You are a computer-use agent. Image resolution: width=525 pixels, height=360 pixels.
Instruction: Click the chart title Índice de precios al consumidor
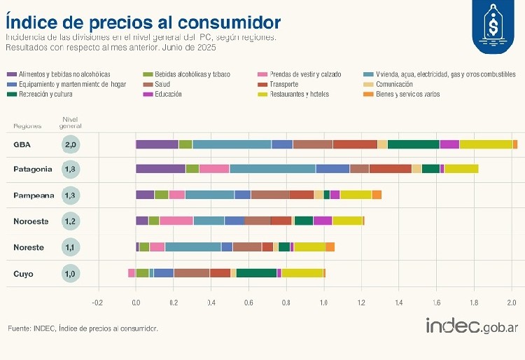click(143, 20)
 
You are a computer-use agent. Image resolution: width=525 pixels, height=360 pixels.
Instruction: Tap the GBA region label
click(22, 144)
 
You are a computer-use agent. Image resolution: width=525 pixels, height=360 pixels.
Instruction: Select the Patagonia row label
click(32, 169)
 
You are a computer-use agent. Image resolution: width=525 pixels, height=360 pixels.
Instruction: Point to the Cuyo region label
click(23, 274)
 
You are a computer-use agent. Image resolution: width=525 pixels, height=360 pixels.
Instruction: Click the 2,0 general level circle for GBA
click(71, 144)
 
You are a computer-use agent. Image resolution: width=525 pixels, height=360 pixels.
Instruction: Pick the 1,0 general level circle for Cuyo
click(71, 274)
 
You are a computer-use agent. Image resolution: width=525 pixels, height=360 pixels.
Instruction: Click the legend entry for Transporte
click(283, 84)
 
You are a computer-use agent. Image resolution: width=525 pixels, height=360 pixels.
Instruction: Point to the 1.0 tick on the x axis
click(324, 303)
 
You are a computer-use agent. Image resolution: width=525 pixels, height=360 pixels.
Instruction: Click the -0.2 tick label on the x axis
click(97, 303)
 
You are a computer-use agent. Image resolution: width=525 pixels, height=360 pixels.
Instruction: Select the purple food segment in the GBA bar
click(157, 144)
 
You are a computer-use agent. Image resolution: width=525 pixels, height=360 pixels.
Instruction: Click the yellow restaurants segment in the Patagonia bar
click(461, 169)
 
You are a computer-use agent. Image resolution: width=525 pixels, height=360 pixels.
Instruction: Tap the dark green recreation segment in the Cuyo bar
click(256, 273)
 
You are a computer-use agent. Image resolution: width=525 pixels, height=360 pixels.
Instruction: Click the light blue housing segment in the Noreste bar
click(192, 247)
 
